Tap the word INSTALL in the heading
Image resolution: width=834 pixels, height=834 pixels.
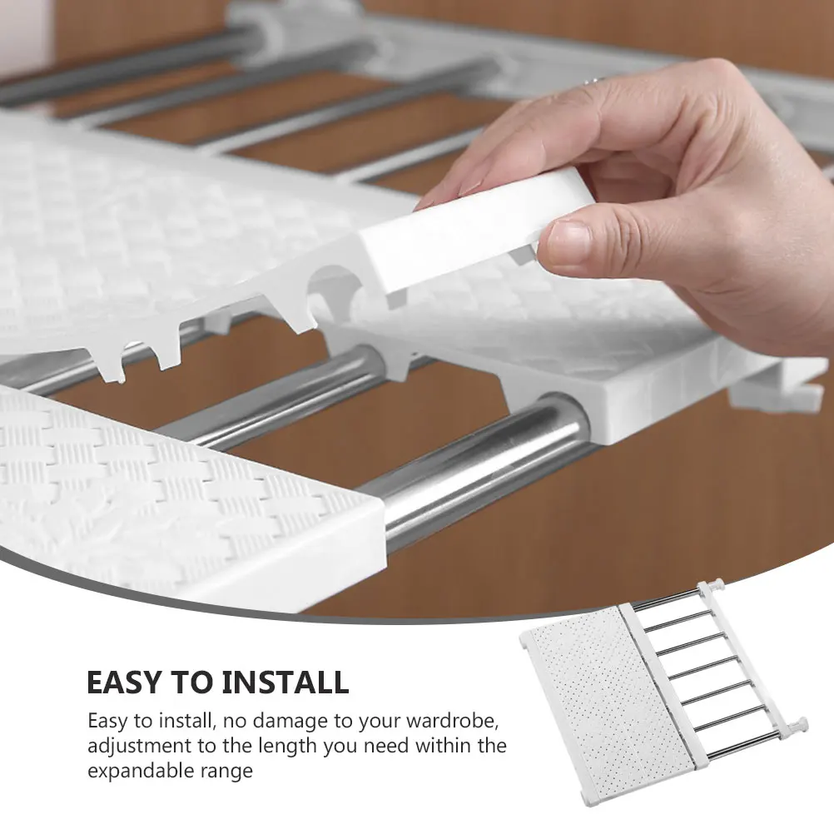click(285, 683)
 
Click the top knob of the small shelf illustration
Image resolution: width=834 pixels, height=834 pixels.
click(712, 588)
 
